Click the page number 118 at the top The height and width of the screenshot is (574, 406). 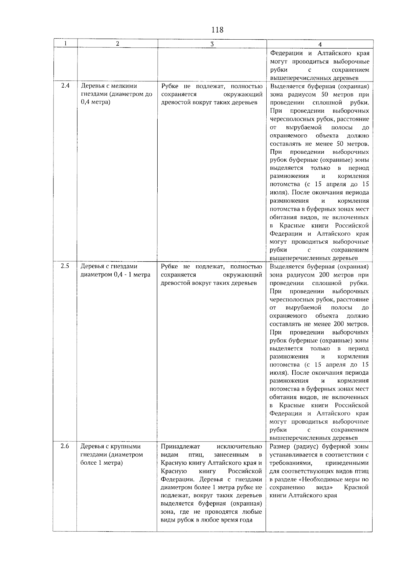tap(217, 30)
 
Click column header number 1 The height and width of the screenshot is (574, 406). tap(65, 43)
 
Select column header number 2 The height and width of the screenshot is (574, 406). tap(117, 43)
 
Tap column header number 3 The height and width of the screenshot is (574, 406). tap(212, 44)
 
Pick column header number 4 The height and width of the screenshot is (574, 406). tap(320, 44)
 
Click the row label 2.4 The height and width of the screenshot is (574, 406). tap(65, 86)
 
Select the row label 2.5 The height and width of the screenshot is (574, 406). tap(65, 266)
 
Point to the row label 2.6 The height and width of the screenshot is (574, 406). tap(65, 446)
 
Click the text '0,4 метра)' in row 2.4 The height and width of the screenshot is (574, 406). tap(95, 102)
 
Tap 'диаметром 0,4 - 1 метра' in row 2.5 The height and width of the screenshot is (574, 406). tap(115, 274)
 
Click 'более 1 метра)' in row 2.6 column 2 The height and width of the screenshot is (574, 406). tap(101, 463)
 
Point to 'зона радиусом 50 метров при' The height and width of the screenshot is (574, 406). tap(319, 94)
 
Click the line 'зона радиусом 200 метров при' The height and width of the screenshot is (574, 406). tap(319, 275)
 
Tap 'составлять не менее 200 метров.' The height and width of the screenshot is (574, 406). tap(319, 324)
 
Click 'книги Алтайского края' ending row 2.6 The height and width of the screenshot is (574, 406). tap(303, 495)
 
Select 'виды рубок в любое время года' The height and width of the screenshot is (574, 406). tap(207, 520)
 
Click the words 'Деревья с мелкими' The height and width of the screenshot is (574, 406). tap(109, 86)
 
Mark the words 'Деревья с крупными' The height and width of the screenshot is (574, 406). tap(111, 446)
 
